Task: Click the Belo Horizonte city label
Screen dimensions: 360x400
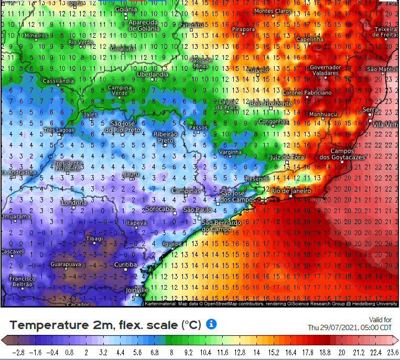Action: coord(271,104)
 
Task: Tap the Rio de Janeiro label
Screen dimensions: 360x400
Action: coord(291,191)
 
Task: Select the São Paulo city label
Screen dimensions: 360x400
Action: coord(197,210)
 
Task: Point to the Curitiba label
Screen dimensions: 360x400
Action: coord(125,265)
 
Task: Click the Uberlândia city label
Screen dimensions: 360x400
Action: coord(153,75)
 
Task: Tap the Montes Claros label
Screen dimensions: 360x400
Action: coord(272,11)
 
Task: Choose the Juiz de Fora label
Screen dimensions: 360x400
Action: coord(287,157)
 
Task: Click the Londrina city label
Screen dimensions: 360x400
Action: coord(73,203)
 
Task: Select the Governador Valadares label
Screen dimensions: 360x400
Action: coord(325,70)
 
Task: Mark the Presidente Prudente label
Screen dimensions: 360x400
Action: coord(68,165)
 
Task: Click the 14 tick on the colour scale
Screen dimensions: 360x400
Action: coord(257,352)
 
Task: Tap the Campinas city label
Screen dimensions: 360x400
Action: coord(186,190)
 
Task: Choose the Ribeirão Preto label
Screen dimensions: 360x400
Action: coord(165,137)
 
